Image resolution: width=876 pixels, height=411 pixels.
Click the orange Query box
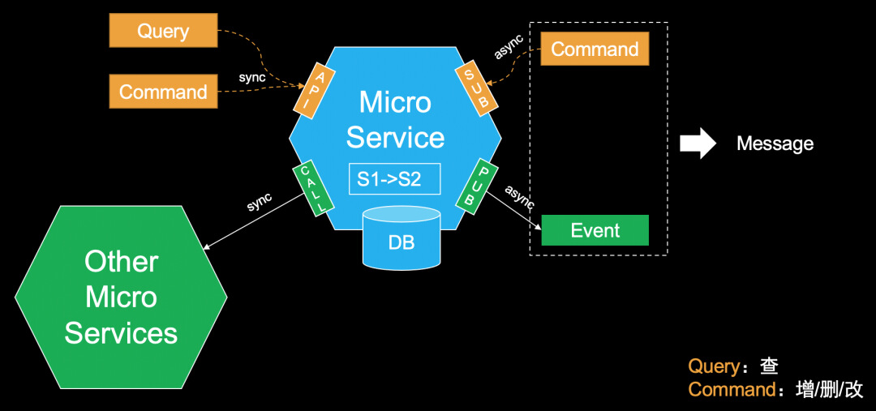pos(163,32)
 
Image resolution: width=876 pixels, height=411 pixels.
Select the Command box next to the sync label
pos(163,92)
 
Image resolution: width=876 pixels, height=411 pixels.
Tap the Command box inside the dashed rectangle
pos(595,49)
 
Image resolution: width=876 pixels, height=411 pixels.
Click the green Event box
pos(595,230)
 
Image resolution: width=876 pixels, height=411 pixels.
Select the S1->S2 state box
pos(394,179)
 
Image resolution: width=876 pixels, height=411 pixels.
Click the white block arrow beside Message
pos(698,143)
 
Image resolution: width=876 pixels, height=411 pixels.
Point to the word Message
pos(775,144)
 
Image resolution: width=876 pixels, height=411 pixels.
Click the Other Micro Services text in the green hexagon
pos(121,297)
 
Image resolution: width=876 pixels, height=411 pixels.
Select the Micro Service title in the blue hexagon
pos(395,120)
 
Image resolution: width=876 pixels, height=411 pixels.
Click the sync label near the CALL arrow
pos(260,202)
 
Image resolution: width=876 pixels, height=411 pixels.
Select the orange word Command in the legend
pos(731,390)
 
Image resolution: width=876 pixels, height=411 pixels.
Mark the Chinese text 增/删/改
pos(829,390)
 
